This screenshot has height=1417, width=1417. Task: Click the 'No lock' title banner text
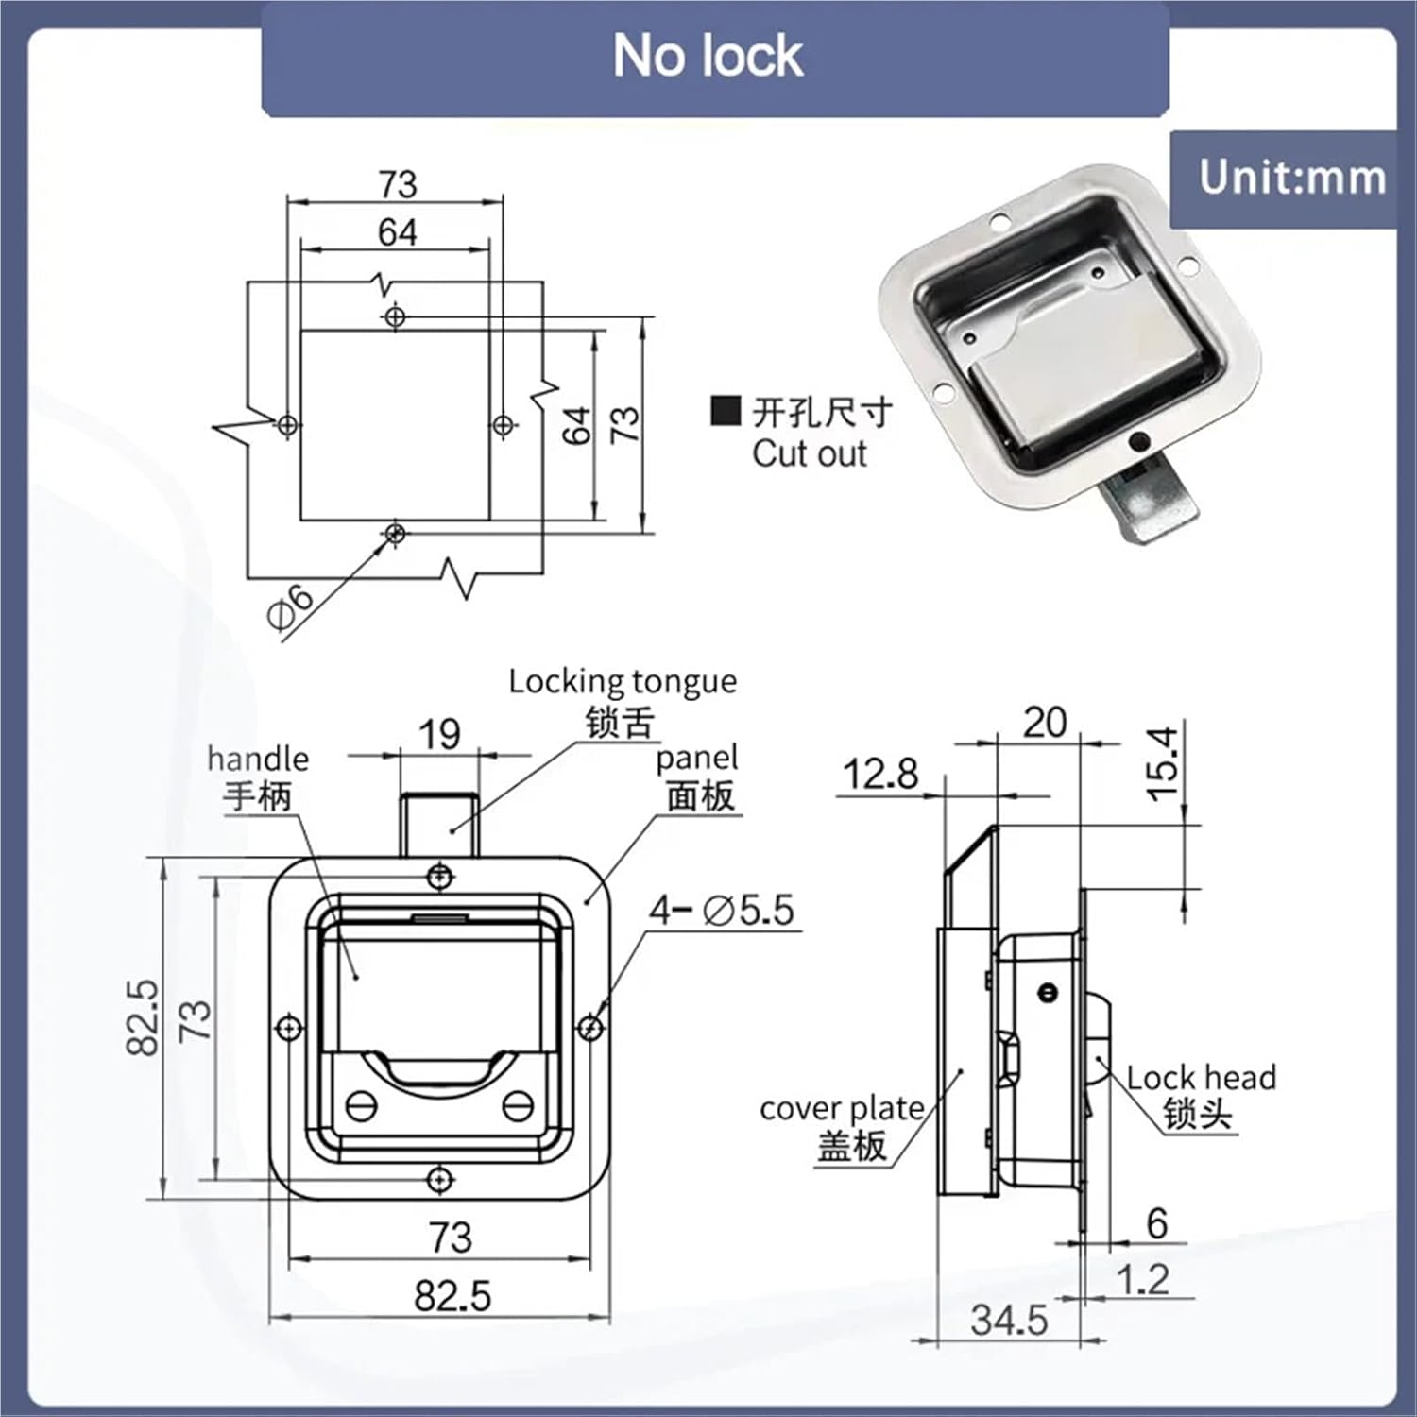(708, 56)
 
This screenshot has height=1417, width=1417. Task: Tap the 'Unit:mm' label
(1292, 178)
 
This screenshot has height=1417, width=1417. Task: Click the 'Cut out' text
(809, 454)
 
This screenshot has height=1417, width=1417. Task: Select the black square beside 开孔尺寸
(726, 411)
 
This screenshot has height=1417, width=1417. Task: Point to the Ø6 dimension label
(289, 606)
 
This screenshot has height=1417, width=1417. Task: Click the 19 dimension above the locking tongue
(439, 734)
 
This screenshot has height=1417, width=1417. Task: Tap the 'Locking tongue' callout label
(622, 681)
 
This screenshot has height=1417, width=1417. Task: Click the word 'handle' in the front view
(258, 759)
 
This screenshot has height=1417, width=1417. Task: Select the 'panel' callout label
(696, 758)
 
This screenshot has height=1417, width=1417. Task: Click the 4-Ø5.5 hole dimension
(722, 911)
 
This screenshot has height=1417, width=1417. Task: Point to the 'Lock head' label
(1201, 1078)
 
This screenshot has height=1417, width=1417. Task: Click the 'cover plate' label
(842, 1108)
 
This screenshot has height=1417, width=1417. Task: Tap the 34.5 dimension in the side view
(1009, 1320)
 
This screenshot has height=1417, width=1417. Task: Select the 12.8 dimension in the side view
(879, 775)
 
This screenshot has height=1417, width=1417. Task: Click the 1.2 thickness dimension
(1142, 1280)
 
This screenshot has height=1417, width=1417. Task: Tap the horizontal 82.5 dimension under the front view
(452, 1296)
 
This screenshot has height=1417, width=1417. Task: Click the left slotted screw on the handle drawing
(362, 1105)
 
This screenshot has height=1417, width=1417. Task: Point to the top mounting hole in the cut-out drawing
(396, 316)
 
